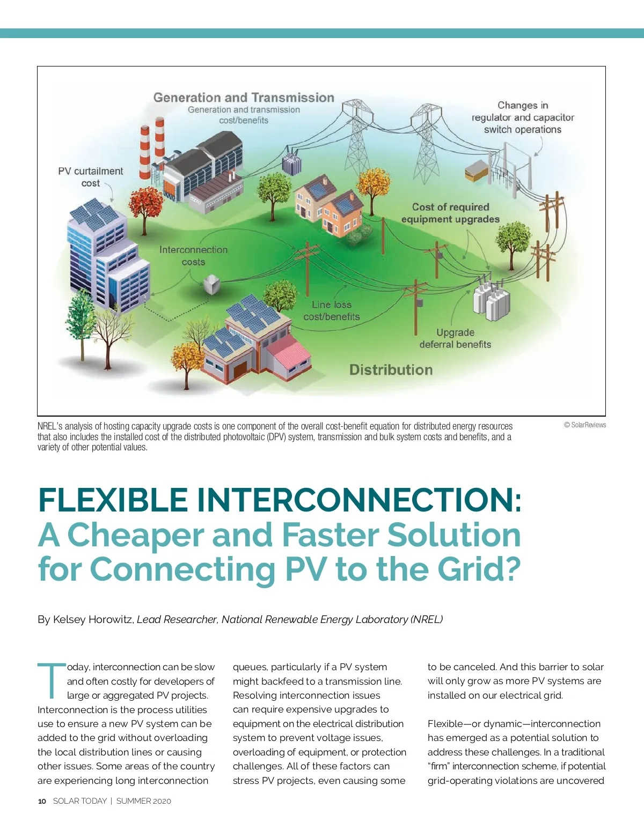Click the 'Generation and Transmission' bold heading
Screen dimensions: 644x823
coord(244,98)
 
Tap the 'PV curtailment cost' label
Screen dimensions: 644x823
coord(91,177)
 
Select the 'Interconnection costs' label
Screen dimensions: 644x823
coord(193,256)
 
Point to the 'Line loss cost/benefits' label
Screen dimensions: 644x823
coord(332,310)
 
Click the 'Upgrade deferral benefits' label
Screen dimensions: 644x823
coord(455,338)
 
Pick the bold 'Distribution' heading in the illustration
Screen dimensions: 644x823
coord(391,369)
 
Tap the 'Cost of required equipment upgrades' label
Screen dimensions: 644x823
coord(451,213)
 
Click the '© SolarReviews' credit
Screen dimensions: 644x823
coord(585,425)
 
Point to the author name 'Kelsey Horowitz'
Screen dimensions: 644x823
coord(93,619)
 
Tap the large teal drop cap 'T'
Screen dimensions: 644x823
coord(52,680)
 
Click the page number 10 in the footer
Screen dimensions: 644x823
coord(42,801)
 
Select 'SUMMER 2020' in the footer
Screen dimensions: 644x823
coord(144,801)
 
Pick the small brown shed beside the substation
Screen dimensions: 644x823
coord(476,170)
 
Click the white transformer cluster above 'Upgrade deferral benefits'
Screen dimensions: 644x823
coord(492,300)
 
